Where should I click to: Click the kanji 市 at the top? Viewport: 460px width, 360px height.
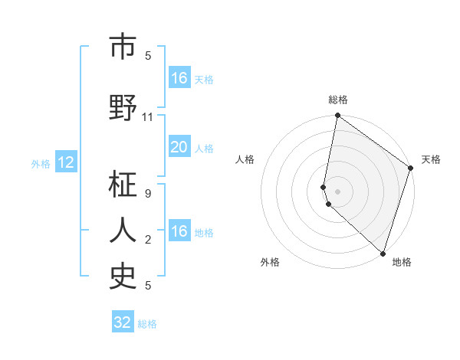(123, 47)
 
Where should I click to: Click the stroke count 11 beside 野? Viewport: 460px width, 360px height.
(148, 117)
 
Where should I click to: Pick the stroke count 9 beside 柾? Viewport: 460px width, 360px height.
(148, 194)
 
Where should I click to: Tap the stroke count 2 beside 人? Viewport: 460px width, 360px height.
(148, 240)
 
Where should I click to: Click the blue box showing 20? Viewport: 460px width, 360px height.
(179, 148)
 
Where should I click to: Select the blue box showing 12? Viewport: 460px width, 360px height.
(66, 162)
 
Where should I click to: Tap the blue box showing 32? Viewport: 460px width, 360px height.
(123, 322)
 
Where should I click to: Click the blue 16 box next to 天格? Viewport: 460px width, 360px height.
(179, 78)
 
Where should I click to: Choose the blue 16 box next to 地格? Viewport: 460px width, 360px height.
(179, 231)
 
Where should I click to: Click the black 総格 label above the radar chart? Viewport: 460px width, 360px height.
(338, 100)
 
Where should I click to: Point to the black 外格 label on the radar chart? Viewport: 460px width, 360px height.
(270, 262)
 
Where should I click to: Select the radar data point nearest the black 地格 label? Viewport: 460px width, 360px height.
(383, 254)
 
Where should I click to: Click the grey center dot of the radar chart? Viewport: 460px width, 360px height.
(338, 191)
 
